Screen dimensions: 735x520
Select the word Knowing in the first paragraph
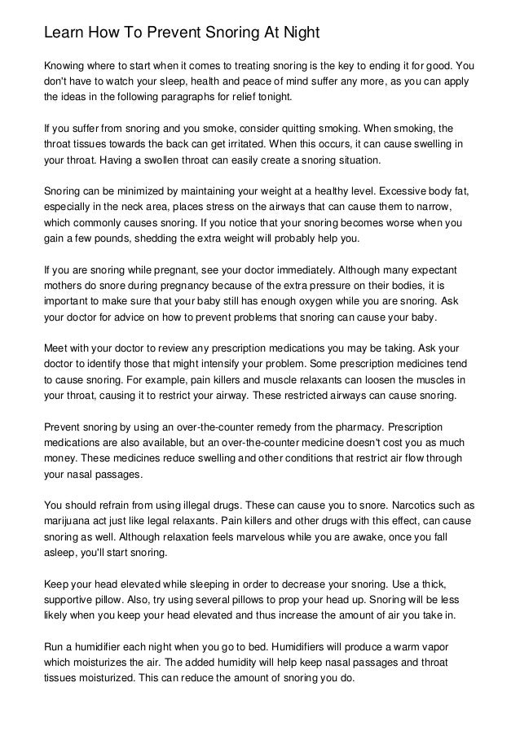click(x=65, y=65)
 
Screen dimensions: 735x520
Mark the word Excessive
click(x=394, y=191)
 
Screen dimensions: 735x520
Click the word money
click(x=61, y=458)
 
